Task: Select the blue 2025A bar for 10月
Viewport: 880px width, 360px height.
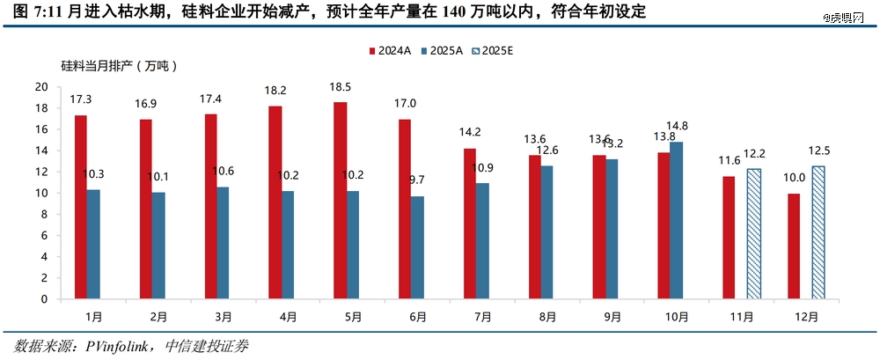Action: coord(675,220)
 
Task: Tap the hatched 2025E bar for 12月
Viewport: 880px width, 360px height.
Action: coord(818,232)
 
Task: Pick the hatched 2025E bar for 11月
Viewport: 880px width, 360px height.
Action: coord(753,234)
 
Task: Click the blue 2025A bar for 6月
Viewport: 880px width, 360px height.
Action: coord(417,247)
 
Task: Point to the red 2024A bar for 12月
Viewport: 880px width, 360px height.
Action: coord(794,246)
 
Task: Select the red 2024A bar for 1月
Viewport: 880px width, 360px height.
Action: coord(81,207)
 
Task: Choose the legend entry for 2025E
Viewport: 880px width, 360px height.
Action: coord(490,50)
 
